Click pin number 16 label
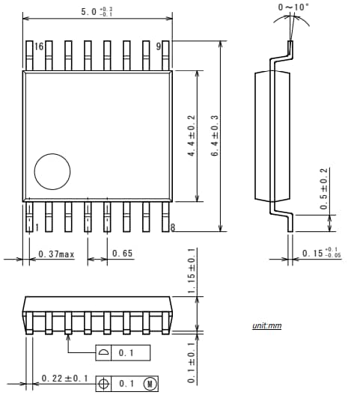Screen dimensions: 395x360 pos(39,46)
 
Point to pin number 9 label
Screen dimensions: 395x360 pos(159,46)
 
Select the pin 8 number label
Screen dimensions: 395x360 pos(173,227)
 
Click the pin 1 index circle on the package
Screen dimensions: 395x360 pos(52,171)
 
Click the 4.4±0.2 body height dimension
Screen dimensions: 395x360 pos(192,136)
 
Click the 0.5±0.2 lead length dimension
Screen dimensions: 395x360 pos(324,189)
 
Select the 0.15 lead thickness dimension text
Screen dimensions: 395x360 pos(322,254)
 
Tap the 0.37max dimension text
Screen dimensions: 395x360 pos(56,254)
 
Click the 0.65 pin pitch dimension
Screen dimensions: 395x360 pos(122,254)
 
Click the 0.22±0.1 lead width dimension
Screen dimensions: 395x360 pos(65,379)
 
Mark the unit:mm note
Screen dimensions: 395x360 pos(266,326)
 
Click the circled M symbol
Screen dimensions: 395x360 pos(150,384)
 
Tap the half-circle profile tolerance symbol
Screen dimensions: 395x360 pos(103,352)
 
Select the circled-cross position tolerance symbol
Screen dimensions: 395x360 pos(103,384)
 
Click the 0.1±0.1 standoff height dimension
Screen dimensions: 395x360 pos(191,362)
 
